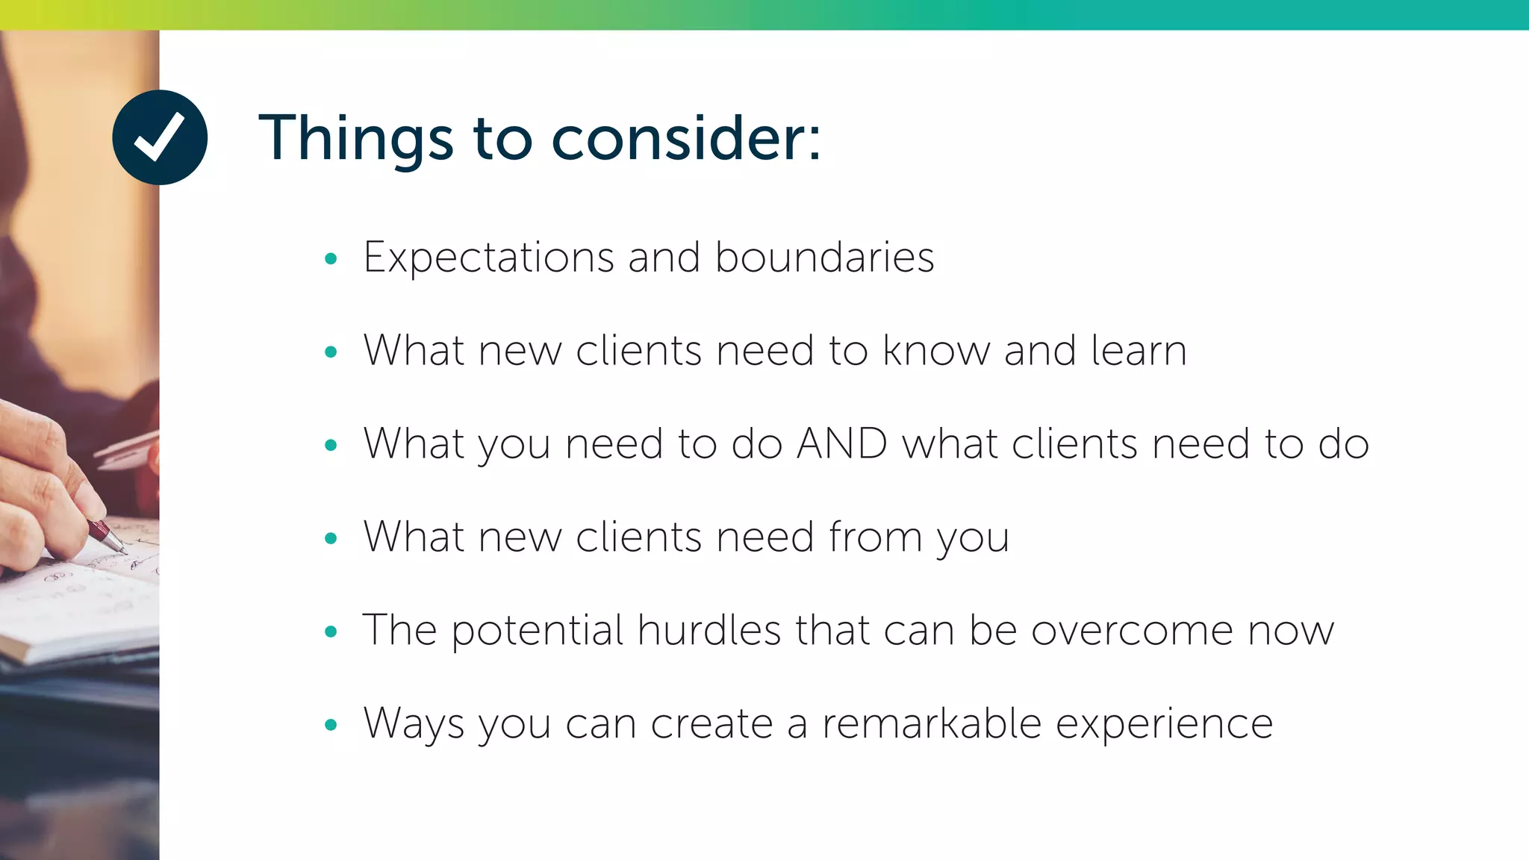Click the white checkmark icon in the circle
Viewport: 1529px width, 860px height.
click(x=159, y=137)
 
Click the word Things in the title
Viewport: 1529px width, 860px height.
click(x=355, y=139)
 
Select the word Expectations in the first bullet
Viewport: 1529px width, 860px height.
click(x=489, y=258)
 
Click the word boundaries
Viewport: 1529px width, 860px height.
click(x=824, y=258)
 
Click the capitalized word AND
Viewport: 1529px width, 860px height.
click(x=842, y=443)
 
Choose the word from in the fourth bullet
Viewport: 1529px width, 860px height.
click(x=875, y=537)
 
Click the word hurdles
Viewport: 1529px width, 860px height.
click(x=709, y=630)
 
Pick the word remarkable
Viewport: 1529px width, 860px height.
click(x=932, y=723)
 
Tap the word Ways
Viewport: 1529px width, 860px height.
click(x=413, y=725)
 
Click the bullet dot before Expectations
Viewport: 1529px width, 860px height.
click(x=331, y=259)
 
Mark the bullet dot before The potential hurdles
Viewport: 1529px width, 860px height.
click(x=331, y=632)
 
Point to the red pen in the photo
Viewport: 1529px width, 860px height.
click(x=105, y=535)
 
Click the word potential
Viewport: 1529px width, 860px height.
click(x=538, y=632)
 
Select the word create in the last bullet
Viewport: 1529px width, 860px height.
click(x=711, y=724)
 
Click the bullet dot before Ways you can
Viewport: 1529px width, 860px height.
click(x=331, y=724)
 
